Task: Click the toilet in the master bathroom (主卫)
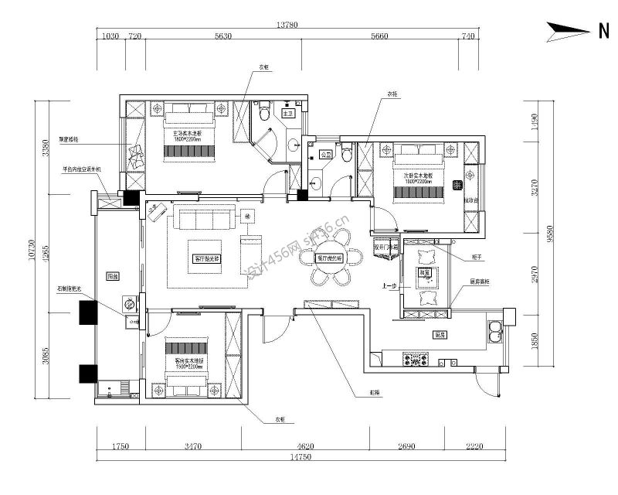coord(264,114)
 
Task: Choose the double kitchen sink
coord(495,331)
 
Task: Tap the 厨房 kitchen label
coord(439,334)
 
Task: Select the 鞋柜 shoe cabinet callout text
coord(375,394)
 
